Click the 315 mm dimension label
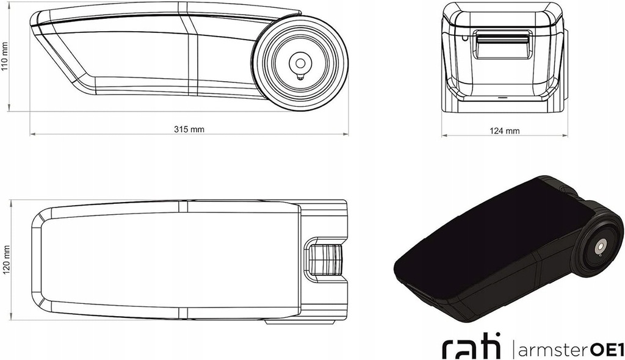pyautogui.click(x=189, y=129)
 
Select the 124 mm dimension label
pyautogui.click(x=504, y=131)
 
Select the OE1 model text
pyautogui.click(x=606, y=350)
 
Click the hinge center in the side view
pyautogui.click(x=300, y=63)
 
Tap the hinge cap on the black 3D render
pyautogui.click(x=601, y=247)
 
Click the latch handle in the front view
pyautogui.click(x=502, y=46)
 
